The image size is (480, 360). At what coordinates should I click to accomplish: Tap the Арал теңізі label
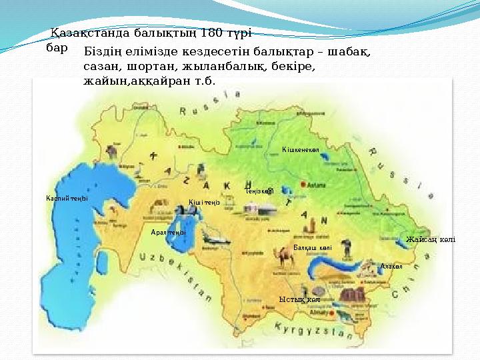point(168,232)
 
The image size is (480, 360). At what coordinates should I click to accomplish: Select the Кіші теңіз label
point(204,202)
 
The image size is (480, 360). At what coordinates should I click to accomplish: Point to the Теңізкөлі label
point(259,191)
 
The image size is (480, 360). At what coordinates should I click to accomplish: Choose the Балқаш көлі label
point(313,247)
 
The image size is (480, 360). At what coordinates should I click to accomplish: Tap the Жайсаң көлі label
point(431,239)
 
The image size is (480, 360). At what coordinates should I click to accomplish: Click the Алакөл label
point(391,266)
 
